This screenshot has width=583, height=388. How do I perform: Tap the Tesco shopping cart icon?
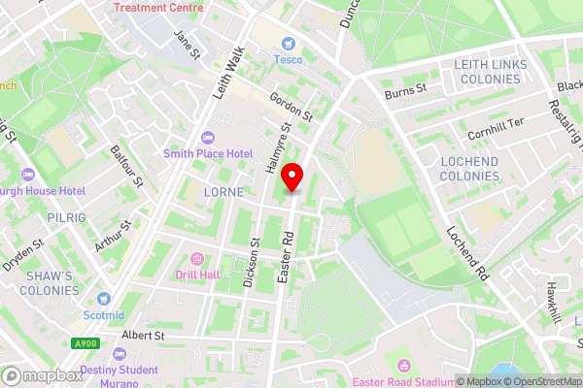pos(288,43)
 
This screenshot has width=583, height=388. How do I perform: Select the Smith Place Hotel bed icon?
pos(207,137)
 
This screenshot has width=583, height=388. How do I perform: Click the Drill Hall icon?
pos(198,259)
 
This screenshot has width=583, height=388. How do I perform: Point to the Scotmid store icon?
pos(104,298)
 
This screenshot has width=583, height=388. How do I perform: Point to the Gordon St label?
pos(291,107)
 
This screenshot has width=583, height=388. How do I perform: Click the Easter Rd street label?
pos(285,257)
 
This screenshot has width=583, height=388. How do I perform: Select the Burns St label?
pos(406,90)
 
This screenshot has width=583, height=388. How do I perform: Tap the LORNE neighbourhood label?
pos(223,192)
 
